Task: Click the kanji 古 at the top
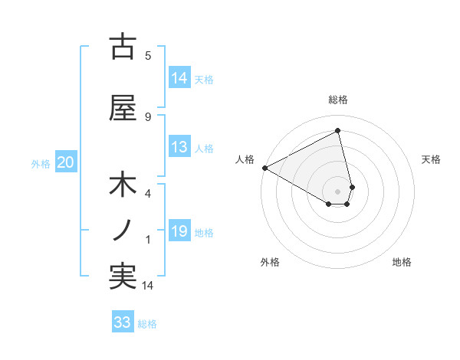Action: coord(123,47)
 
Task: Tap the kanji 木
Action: coord(123,187)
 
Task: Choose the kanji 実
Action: coord(123,277)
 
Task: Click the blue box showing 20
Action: coord(65,162)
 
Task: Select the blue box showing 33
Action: coord(123,322)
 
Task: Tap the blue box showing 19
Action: coord(179,232)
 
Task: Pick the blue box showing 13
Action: coord(179,148)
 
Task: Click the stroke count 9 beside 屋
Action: coord(148,117)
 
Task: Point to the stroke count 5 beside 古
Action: coord(148,55)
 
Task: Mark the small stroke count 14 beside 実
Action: coord(148,286)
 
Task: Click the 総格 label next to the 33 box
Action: coord(147,324)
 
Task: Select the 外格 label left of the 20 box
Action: coord(41,163)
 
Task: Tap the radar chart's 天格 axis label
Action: coord(431,159)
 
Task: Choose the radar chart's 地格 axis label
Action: coord(402,262)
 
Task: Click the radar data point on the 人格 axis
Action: coord(264,168)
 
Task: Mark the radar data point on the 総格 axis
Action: coord(338,131)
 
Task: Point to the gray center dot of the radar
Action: coord(338,191)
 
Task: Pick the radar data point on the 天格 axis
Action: coord(352,186)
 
